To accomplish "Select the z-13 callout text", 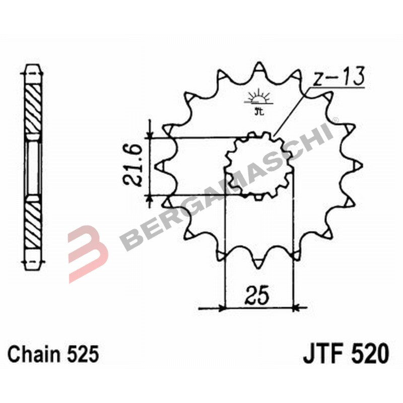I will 337,79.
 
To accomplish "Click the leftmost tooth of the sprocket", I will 161,165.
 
